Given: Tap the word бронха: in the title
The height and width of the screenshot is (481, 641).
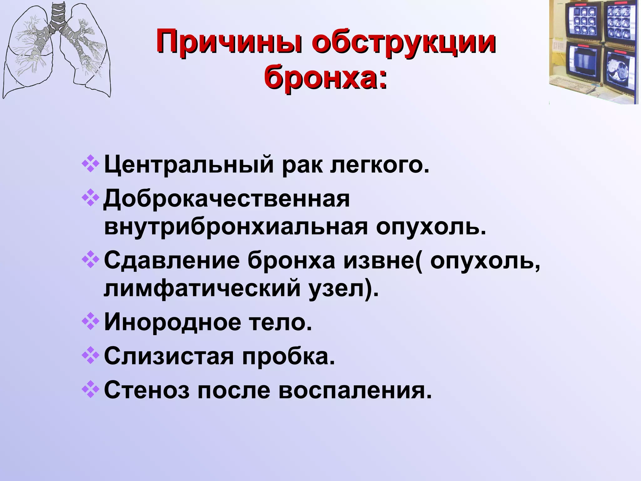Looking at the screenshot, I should click(326, 76).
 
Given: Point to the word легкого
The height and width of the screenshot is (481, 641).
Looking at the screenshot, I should click(380, 166).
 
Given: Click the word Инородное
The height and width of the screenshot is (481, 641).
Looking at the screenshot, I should click(172, 323).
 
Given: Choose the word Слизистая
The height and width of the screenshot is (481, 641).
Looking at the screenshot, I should click(169, 357).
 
